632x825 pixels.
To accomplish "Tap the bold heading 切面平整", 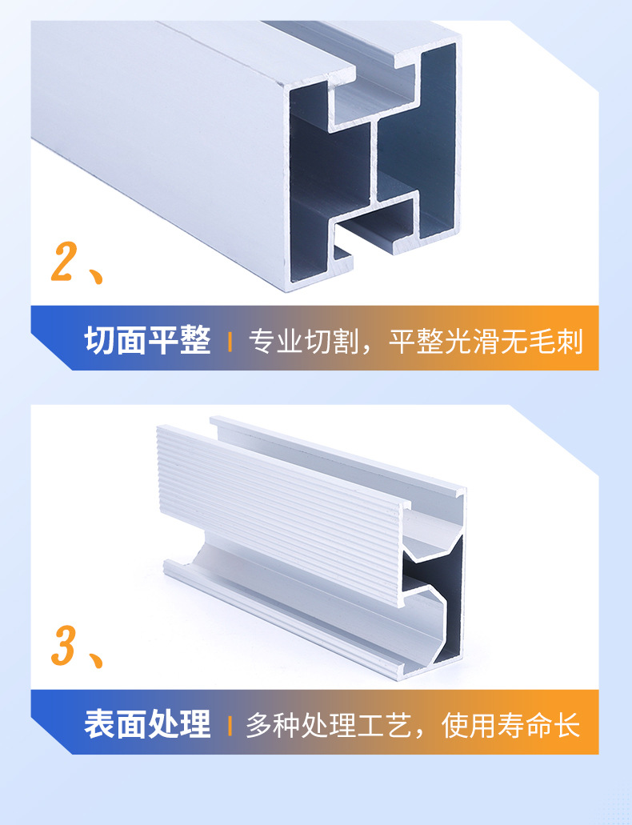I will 147,342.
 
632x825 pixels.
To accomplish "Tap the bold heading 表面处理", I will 147,724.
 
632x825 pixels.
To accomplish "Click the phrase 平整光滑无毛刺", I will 486,342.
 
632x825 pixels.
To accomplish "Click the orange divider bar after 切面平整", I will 230,342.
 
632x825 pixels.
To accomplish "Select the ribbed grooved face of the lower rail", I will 280,512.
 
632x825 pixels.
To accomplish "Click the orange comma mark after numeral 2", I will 97,275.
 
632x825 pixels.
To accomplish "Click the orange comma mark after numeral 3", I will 97,661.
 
